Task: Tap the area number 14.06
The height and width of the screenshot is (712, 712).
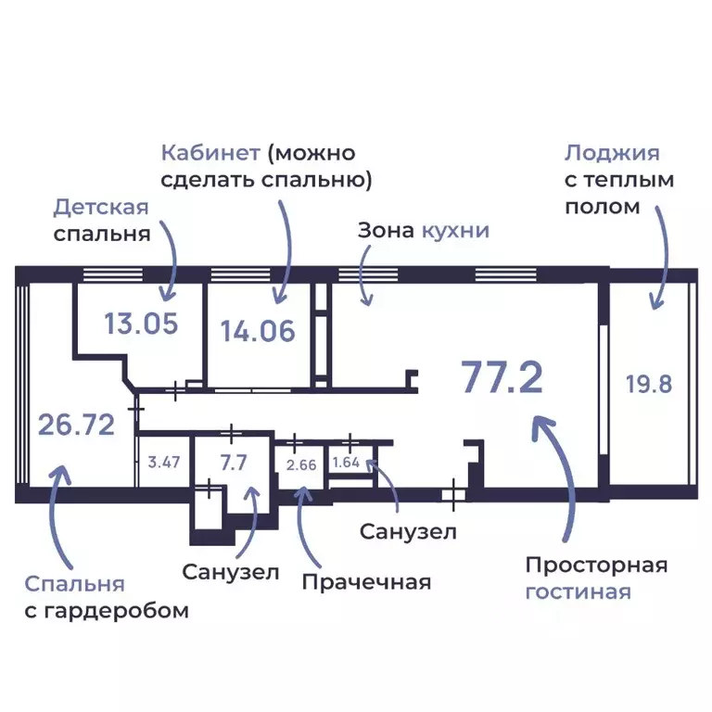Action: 258,330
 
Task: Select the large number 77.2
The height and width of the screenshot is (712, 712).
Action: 502,378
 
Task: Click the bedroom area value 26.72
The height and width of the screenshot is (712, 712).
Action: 76,425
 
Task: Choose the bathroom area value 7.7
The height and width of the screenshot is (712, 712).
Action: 234,462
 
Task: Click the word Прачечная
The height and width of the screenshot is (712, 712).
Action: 366,581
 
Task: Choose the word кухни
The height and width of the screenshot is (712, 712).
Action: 455,231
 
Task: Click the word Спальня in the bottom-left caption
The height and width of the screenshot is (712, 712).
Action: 74,584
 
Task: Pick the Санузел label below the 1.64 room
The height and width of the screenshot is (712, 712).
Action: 408,532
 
